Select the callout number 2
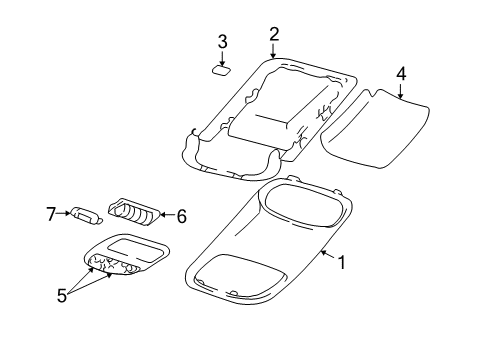274,36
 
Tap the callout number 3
223,42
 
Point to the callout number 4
400,73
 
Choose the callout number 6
181,214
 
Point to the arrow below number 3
223,58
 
